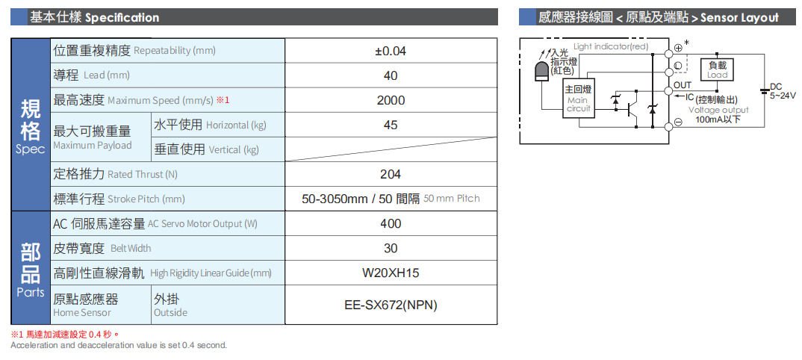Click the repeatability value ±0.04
pos(390,51)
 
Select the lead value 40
pos(390,75)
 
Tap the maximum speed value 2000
pos(390,100)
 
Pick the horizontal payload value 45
pos(390,125)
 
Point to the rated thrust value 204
pos(390,174)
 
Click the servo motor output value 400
pos(390,223)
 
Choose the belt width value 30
pos(390,248)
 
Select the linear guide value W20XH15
pos(390,273)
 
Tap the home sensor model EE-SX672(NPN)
pos(390,305)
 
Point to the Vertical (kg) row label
pos(207,149)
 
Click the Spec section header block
pos(31,125)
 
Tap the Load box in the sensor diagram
pos(716,69)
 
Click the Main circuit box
pos(578,99)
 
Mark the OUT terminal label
pos(682,85)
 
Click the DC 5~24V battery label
pos(781,91)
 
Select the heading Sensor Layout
pos(739,17)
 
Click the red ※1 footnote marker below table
pos(17,334)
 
